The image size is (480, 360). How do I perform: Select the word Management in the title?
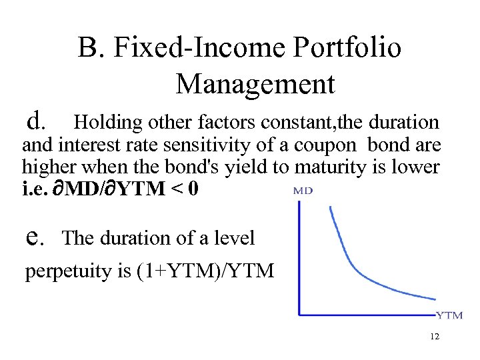(x=255, y=84)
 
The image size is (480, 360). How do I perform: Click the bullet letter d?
(x=35, y=120)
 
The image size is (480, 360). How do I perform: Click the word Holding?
(x=109, y=122)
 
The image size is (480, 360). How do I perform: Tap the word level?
(x=233, y=237)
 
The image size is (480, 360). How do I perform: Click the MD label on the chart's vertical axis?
(x=303, y=190)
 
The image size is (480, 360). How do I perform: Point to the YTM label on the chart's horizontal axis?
(x=449, y=315)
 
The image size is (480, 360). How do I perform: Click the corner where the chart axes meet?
(x=299, y=313)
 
